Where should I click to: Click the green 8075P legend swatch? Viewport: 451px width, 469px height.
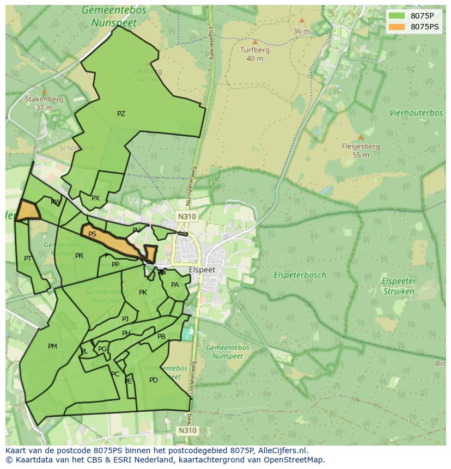click(x=397, y=16)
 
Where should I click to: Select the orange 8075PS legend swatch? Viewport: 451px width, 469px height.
click(x=397, y=27)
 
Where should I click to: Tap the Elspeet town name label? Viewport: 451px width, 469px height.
click(x=202, y=270)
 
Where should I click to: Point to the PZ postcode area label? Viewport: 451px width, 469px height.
click(x=121, y=114)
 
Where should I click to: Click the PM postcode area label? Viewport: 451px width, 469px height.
click(x=52, y=346)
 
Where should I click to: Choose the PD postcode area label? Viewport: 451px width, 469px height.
click(x=154, y=380)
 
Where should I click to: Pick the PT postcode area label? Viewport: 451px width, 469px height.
click(x=28, y=258)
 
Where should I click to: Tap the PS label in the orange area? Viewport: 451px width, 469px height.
click(x=92, y=234)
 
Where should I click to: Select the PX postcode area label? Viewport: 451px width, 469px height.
click(x=95, y=198)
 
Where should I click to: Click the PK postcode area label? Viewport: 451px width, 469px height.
click(x=143, y=293)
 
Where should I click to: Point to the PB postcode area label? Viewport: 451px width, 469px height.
click(x=161, y=337)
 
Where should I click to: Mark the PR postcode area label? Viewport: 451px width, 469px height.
click(x=79, y=256)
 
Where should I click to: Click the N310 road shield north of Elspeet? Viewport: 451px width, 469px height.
click(x=186, y=216)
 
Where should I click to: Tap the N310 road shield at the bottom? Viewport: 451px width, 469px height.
click(x=186, y=430)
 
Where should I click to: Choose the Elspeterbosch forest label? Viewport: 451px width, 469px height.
click(x=300, y=275)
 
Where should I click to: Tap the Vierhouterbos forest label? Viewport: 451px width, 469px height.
click(x=416, y=113)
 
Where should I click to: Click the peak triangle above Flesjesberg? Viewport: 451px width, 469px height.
click(x=361, y=137)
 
